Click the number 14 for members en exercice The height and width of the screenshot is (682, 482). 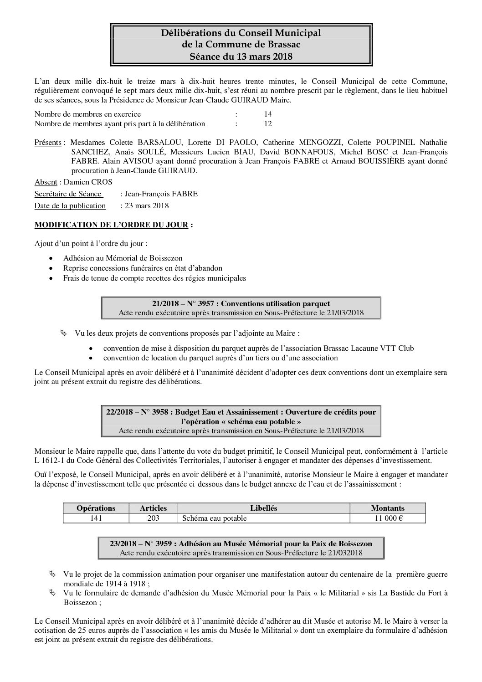tap(268, 114)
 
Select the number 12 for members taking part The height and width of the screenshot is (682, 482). tap(268, 123)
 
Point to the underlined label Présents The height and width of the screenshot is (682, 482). tap(48, 143)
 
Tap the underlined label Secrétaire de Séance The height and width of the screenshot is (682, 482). tap(68, 194)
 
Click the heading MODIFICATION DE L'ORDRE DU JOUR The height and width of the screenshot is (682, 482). tap(111, 225)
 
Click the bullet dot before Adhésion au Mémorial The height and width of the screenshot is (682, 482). tap(53, 258)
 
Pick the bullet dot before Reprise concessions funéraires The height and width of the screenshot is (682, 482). tap(53, 268)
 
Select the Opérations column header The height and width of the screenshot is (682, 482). tap(96, 508)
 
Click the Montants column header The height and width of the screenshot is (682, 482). tap(388, 508)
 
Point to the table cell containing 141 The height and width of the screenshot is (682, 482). tap(96, 518)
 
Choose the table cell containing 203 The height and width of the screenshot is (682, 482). tap(153, 518)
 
